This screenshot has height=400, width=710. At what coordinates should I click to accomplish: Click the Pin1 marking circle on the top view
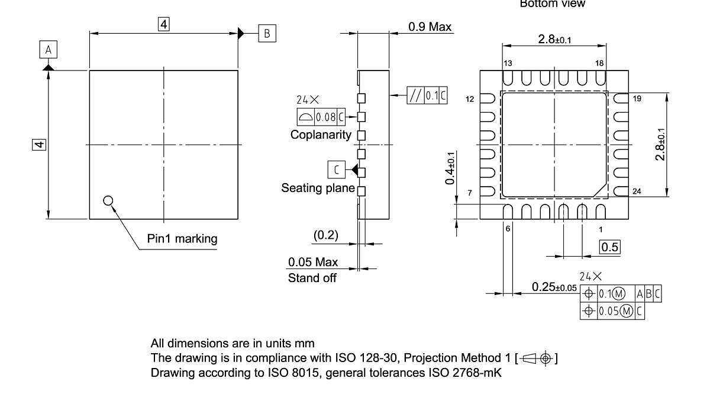pyautogui.click(x=108, y=200)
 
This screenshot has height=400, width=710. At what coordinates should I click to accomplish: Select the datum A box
pyautogui.click(x=48, y=51)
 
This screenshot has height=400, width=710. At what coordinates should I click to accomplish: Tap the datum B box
pyautogui.click(x=266, y=33)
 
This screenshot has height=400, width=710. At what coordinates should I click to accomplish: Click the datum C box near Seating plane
pyautogui.click(x=336, y=170)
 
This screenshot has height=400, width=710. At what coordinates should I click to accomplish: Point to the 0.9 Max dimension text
pyautogui.click(x=430, y=27)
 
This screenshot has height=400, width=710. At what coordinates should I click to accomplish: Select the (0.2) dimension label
pyautogui.click(x=325, y=235)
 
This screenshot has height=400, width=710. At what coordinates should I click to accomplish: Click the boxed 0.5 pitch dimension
pyautogui.click(x=610, y=247)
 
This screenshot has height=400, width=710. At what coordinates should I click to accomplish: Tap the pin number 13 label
pyautogui.click(x=508, y=63)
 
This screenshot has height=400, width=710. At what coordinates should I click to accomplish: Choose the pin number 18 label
pyautogui.click(x=600, y=63)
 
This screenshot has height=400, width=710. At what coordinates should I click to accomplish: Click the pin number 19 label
pyautogui.click(x=637, y=99)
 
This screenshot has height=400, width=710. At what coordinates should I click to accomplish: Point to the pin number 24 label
pyautogui.click(x=637, y=191)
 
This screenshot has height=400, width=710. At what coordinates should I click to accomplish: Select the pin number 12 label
pyautogui.click(x=470, y=99)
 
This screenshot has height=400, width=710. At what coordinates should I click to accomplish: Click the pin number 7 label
pyautogui.click(x=470, y=193)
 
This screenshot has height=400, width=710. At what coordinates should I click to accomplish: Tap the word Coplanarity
pyautogui.click(x=320, y=135)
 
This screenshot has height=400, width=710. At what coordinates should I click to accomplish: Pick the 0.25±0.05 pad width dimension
pyautogui.click(x=554, y=287)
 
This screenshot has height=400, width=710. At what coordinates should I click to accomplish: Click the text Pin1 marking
pyautogui.click(x=182, y=239)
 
